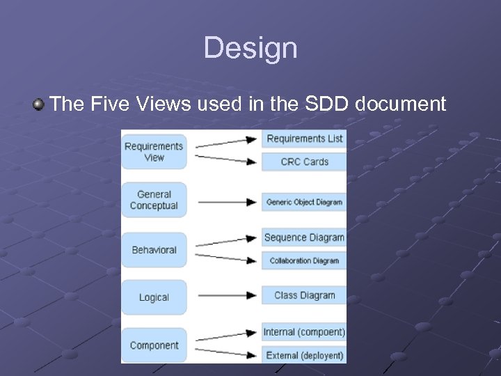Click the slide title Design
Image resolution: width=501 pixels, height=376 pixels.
(x=250, y=48)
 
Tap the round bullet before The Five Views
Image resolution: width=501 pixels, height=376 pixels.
(x=38, y=105)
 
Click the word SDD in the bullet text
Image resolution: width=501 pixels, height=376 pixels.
(x=327, y=104)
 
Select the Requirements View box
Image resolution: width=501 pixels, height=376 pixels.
(x=154, y=152)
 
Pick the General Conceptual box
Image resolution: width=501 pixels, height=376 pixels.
(x=154, y=201)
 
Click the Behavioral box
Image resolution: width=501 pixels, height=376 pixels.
(x=154, y=250)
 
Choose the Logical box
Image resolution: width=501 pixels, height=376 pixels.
(x=154, y=297)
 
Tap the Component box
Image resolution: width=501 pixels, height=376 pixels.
(x=154, y=345)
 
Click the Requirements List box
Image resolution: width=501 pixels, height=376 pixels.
(x=304, y=139)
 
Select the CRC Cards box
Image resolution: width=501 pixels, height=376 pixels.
(x=304, y=162)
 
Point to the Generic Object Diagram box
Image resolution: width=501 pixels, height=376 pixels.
(x=304, y=203)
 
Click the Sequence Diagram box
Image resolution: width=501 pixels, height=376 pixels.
(x=304, y=237)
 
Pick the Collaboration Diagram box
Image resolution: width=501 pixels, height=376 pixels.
(x=304, y=260)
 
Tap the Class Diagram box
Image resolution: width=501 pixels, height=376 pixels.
(x=304, y=295)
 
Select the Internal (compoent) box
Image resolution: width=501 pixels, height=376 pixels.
(x=304, y=332)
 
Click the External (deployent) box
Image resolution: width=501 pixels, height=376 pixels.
(x=304, y=355)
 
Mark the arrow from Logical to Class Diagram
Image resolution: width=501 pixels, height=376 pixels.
(x=226, y=295)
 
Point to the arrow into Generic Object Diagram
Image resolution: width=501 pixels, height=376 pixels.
(x=226, y=203)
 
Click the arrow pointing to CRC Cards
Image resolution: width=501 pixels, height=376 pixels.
(x=226, y=159)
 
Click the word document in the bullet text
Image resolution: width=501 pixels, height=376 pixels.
(x=401, y=104)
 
